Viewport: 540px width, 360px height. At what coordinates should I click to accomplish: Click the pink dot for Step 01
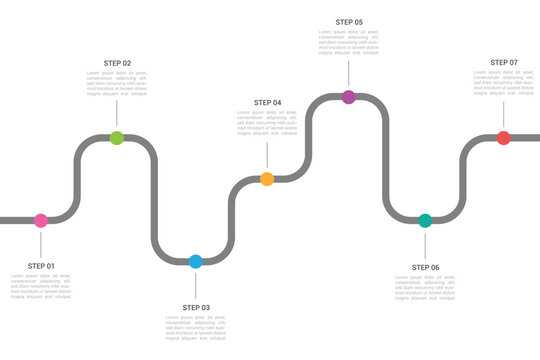(41, 220)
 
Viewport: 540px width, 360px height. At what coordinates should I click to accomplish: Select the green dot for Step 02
(117, 138)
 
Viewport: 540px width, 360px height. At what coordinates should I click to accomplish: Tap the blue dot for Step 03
(196, 261)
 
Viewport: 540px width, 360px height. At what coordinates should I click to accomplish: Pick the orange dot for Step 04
(267, 179)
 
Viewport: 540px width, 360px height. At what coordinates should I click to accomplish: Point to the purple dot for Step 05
(349, 97)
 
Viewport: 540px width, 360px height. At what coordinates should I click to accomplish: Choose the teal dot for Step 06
(425, 220)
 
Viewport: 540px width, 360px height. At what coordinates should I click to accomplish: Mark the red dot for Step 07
(504, 138)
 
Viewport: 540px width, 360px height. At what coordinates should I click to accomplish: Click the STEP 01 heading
(41, 266)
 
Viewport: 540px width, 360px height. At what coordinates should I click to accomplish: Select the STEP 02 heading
(117, 63)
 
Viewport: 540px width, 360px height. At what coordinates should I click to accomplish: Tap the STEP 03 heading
(196, 307)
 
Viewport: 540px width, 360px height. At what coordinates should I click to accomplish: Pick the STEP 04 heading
(267, 103)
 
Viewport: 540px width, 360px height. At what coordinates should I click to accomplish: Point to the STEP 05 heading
(349, 22)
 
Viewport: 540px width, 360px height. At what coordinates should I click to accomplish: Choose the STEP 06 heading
(425, 267)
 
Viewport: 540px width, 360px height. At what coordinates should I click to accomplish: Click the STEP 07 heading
(504, 62)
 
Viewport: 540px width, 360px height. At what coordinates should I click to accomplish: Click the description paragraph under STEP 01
(41, 287)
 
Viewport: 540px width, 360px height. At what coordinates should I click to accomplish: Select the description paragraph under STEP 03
(196, 327)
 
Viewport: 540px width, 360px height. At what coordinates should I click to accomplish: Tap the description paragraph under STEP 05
(349, 42)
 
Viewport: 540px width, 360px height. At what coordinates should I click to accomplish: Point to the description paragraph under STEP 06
(425, 288)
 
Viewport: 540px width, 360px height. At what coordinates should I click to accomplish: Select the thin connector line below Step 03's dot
(196, 283)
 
